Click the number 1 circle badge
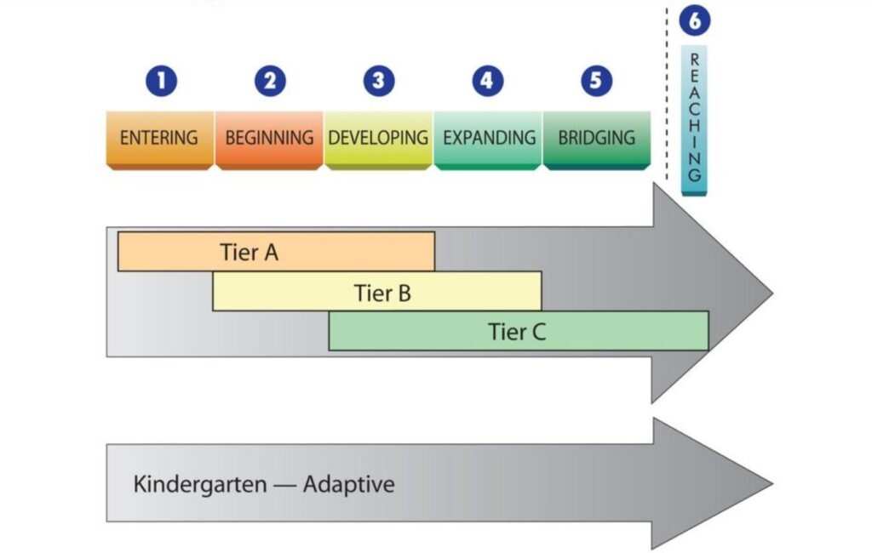point(160,82)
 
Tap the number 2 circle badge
point(270,82)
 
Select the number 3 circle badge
point(379,82)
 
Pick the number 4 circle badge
point(487,82)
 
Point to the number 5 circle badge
point(596,82)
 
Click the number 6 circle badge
point(694,20)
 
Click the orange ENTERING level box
point(159,138)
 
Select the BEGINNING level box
point(269,138)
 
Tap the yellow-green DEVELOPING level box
point(378,138)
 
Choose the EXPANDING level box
point(488,138)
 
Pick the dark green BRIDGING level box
point(596,138)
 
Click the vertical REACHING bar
point(694,119)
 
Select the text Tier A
point(250,253)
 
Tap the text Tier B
point(382,294)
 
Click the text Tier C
point(517,332)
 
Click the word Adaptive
point(349,485)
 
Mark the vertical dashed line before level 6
point(666,94)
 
